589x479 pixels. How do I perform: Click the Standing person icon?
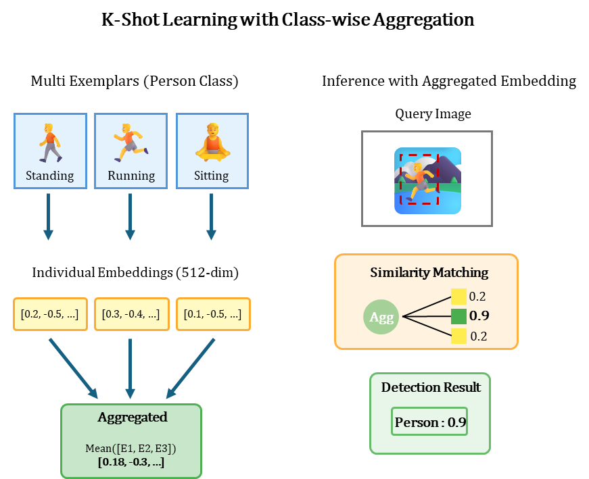pyautogui.click(x=50, y=143)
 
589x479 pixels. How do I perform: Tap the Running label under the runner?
pyautogui.click(x=131, y=176)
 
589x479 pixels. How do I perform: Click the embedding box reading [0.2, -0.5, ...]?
pyautogui.click(x=50, y=314)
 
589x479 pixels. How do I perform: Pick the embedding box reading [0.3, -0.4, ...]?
pyautogui.click(x=131, y=314)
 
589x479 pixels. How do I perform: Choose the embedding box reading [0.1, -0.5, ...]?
pyautogui.click(x=213, y=314)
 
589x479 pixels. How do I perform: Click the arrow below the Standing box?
pyautogui.click(x=48, y=216)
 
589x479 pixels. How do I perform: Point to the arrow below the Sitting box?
pyautogui.click(x=211, y=216)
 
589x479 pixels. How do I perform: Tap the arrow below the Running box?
pyautogui.click(x=130, y=216)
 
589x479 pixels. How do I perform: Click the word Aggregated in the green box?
pyautogui.click(x=132, y=417)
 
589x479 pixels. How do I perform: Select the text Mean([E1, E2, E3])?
pyautogui.click(x=131, y=449)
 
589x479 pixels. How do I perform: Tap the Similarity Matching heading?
pyautogui.click(x=429, y=273)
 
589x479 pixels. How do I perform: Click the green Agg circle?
pyautogui.click(x=381, y=317)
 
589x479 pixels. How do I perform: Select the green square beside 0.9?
pyautogui.click(x=458, y=316)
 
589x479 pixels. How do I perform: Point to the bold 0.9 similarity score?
pyautogui.click(x=479, y=316)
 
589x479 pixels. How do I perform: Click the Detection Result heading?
pyautogui.click(x=431, y=388)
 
